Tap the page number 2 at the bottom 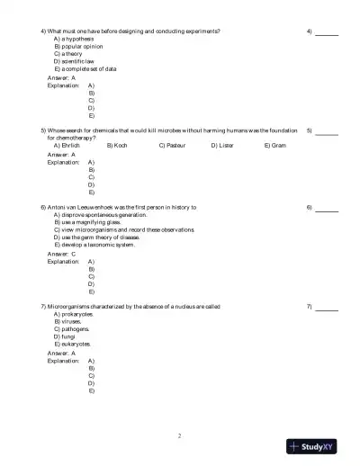(179, 436)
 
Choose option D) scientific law (76, 60)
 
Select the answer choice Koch (117, 145)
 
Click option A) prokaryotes (76, 314)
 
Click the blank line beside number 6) (327, 210)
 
